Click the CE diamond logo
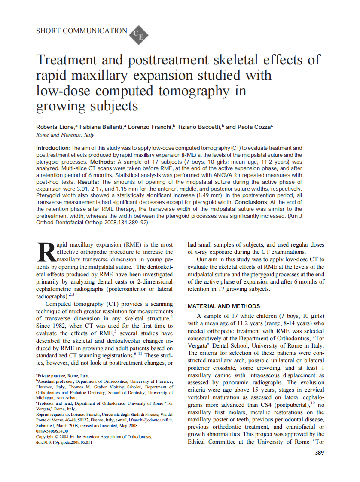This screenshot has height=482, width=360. [139, 34]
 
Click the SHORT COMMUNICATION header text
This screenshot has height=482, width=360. [82, 31]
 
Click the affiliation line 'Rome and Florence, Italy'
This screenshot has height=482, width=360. [65, 135]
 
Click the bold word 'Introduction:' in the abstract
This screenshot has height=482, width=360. [53, 148]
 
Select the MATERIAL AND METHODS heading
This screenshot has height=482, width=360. [224, 306]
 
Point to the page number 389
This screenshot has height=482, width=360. [319, 452]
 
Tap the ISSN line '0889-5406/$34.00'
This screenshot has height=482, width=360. [52, 431]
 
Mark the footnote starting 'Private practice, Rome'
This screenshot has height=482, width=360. [63, 375]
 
